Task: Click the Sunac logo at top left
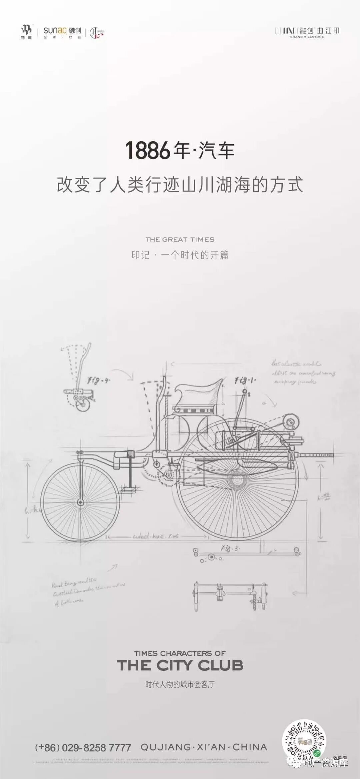click(x=62, y=32)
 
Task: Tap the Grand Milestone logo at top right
click(x=307, y=32)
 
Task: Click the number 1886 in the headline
click(x=148, y=150)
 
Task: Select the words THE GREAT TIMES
click(x=180, y=239)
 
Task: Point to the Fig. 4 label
click(x=98, y=380)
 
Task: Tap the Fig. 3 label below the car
click(x=230, y=548)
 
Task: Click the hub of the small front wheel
click(x=80, y=502)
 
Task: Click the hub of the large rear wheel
click(x=237, y=479)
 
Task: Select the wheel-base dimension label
click(x=156, y=536)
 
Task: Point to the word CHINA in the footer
click(x=250, y=747)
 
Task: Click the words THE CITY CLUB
click(x=180, y=665)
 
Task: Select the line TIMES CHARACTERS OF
click(x=180, y=653)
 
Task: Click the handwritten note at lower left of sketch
click(x=87, y=591)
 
